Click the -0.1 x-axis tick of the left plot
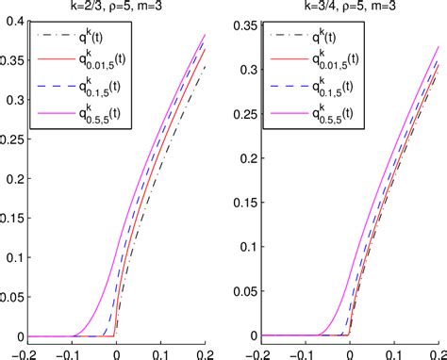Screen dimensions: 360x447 pos(67,352)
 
